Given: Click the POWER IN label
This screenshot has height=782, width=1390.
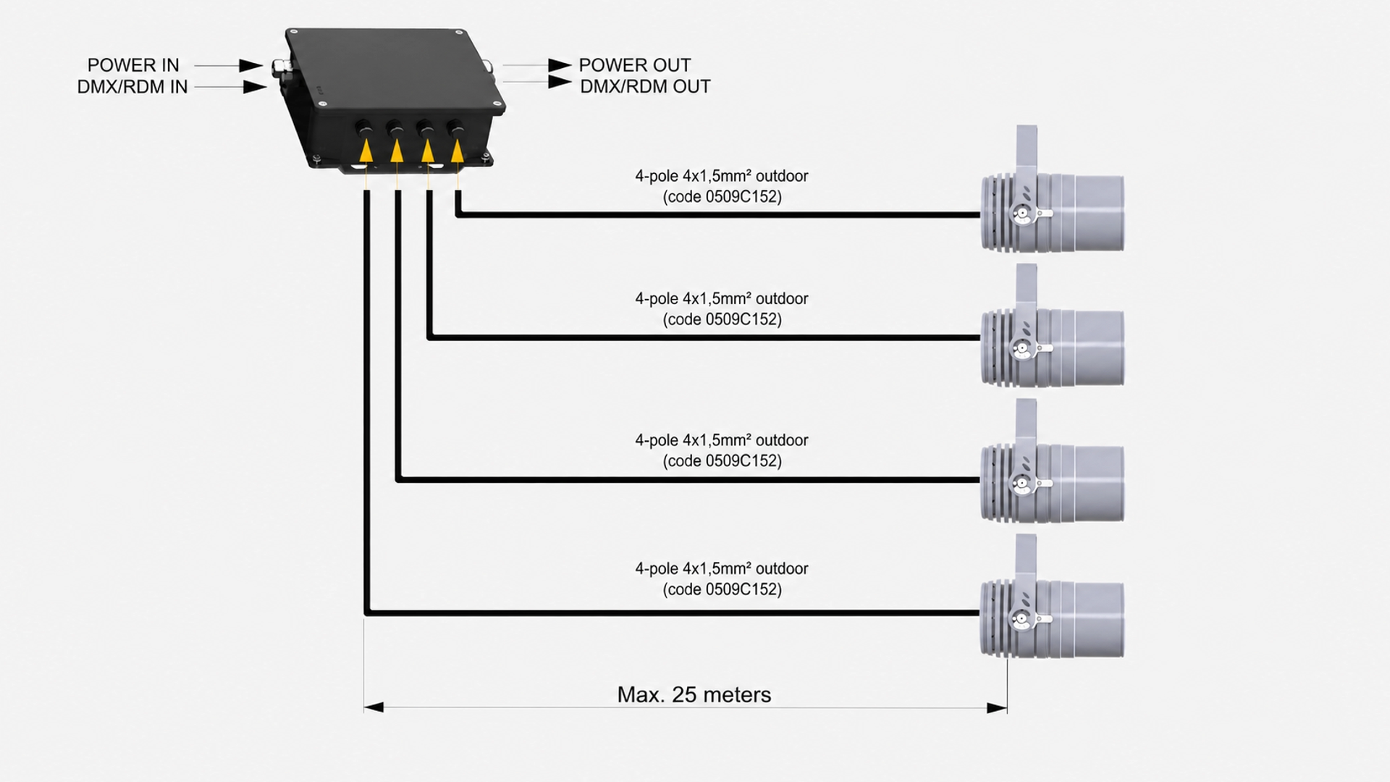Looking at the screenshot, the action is click(133, 65).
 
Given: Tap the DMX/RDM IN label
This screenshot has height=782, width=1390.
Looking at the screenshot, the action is click(132, 87).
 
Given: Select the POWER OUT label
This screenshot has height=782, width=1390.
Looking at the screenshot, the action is click(635, 65).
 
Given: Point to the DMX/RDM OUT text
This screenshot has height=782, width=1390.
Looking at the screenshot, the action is click(645, 87).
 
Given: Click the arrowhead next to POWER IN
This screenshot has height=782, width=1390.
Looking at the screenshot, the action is click(251, 65).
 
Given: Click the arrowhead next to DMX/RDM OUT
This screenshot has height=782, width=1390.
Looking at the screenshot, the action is click(560, 82).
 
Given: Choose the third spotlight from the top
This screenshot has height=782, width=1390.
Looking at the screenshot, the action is click(1052, 461).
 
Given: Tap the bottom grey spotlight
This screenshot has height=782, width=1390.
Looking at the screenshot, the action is click(1052, 597).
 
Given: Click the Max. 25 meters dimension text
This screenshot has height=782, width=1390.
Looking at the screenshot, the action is click(694, 695).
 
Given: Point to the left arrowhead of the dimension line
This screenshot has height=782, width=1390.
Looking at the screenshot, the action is click(374, 707).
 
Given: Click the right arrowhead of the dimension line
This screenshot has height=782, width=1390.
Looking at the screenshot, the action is click(997, 707).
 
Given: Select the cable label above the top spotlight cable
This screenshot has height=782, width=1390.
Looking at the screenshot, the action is click(722, 186).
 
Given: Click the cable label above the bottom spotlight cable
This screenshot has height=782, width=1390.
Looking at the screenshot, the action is click(722, 579).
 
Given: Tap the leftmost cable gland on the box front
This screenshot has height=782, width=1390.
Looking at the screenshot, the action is click(364, 130).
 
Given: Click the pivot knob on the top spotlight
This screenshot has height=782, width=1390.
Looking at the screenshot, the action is click(1022, 214).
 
